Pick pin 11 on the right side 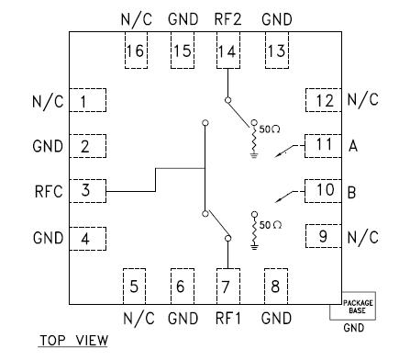[323, 145]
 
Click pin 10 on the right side [323, 191]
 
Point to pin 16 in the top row [135, 51]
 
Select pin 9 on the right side [323, 237]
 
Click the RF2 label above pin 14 [228, 18]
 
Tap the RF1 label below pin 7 [228, 319]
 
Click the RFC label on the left [45, 191]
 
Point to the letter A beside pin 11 [353, 145]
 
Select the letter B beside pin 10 [353, 191]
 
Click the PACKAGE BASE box [358, 307]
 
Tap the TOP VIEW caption [72, 341]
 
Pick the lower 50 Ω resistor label [270, 223]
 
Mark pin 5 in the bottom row [135, 286]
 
